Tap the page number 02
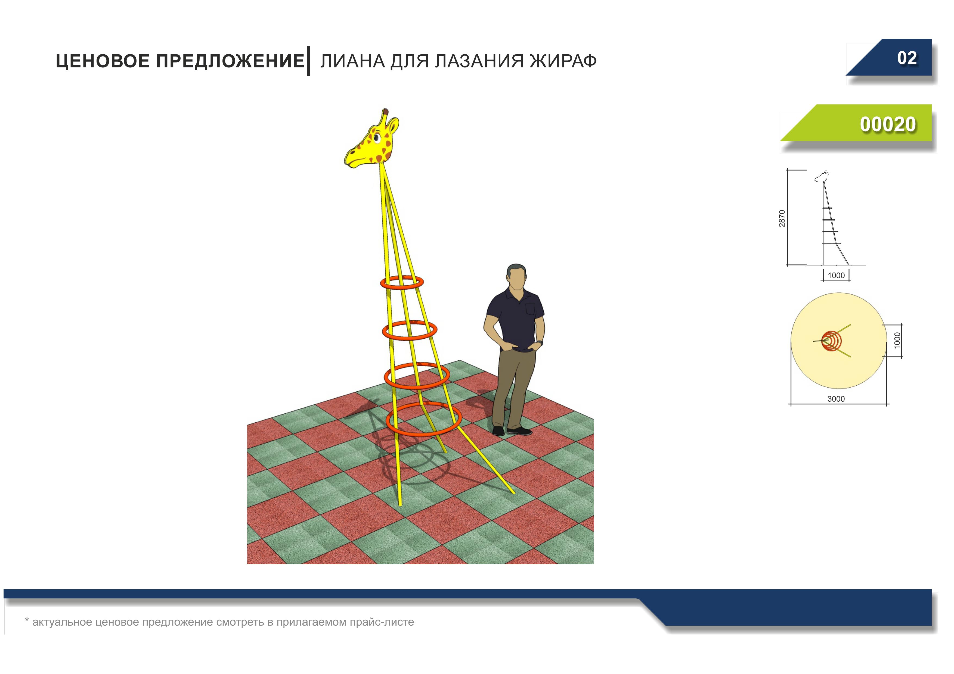[907, 58]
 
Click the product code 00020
[888, 124]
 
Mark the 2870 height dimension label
[782, 219]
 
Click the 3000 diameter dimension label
[836, 399]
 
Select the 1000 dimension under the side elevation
[836, 275]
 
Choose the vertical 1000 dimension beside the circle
[897, 341]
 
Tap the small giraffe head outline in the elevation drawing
[822, 176]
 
